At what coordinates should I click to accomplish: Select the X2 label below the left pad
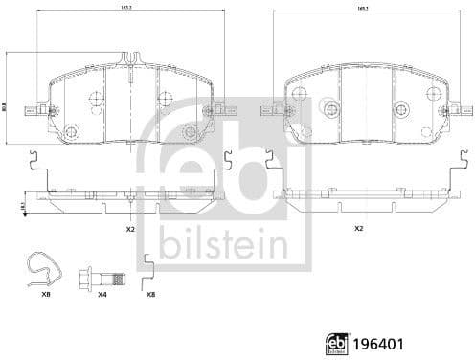[129, 230]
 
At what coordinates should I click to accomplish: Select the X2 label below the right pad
[359, 229]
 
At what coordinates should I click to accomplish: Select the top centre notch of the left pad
[127, 61]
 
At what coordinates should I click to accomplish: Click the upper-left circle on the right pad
[299, 94]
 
